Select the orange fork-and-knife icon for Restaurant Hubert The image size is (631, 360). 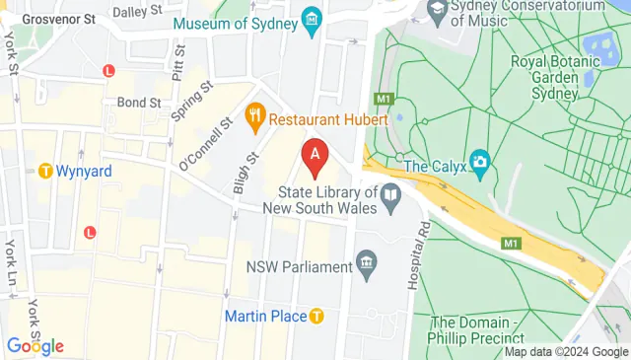[255, 117]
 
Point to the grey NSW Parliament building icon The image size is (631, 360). [368, 263]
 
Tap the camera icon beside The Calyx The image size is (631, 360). [479, 160]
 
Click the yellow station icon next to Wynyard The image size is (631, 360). [44, 171]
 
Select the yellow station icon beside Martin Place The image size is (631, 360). [315, 317]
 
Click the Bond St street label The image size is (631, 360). [139, 102]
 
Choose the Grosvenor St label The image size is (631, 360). [58, 19]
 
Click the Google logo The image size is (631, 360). [35, 346]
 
